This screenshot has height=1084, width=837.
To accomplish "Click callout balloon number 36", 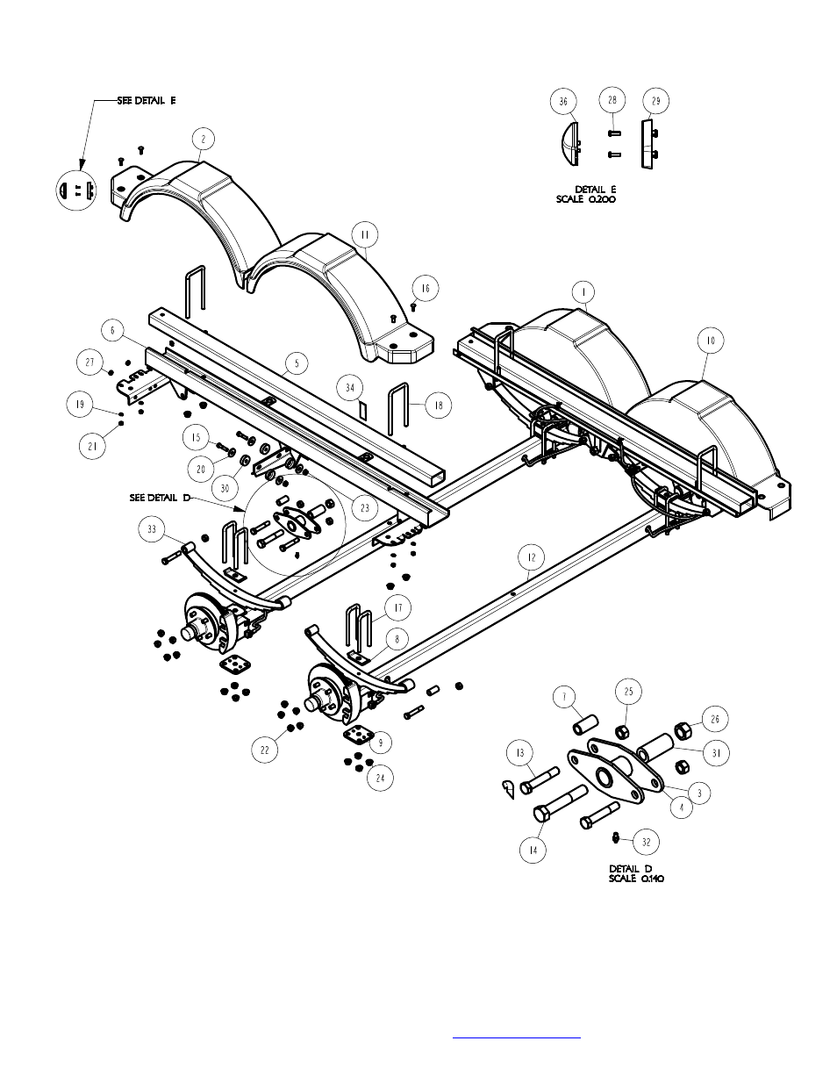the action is coord(563,101).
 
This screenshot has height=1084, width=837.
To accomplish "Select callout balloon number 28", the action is coord(612,100).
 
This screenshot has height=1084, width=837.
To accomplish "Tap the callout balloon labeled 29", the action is coord(655,101).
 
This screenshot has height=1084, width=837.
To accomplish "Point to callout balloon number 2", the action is coord(203,140).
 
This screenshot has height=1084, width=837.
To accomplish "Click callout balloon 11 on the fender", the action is coord(365,234).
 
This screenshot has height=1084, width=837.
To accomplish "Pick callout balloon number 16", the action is coord(426,288).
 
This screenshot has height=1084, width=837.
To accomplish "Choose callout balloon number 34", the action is coord(350,388).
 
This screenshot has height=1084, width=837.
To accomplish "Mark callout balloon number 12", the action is coord(531,557).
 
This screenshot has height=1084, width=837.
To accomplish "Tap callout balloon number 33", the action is coord(152,528).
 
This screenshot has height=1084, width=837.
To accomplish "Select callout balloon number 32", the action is coord(646,842).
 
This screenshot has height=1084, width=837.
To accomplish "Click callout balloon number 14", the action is coord(533,850).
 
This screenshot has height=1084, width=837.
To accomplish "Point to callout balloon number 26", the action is coord(715,719).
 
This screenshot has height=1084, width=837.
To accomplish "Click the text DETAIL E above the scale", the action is coord(596,190).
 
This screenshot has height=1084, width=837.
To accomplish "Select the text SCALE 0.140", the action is coord(637,879).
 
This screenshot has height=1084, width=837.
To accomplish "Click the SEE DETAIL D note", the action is coord(160,498).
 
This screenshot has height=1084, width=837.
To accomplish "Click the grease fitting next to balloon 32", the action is coord(615,838).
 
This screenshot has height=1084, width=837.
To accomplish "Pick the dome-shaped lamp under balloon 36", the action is coord(570,144).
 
